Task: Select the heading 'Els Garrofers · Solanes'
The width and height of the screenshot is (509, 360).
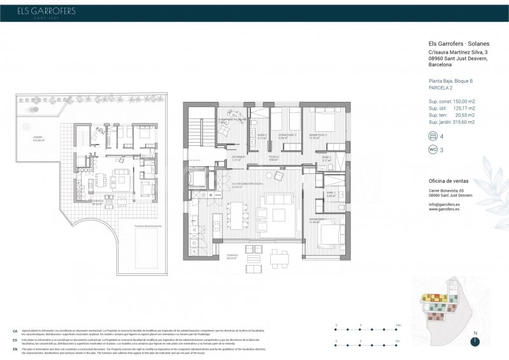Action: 458,44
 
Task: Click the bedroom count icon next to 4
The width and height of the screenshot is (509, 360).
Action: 433,136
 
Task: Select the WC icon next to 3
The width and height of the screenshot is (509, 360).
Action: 433,150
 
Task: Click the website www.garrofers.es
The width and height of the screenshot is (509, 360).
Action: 447,209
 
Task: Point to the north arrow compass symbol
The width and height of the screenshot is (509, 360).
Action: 475,341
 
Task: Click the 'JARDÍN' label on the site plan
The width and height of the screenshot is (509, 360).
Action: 38,137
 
